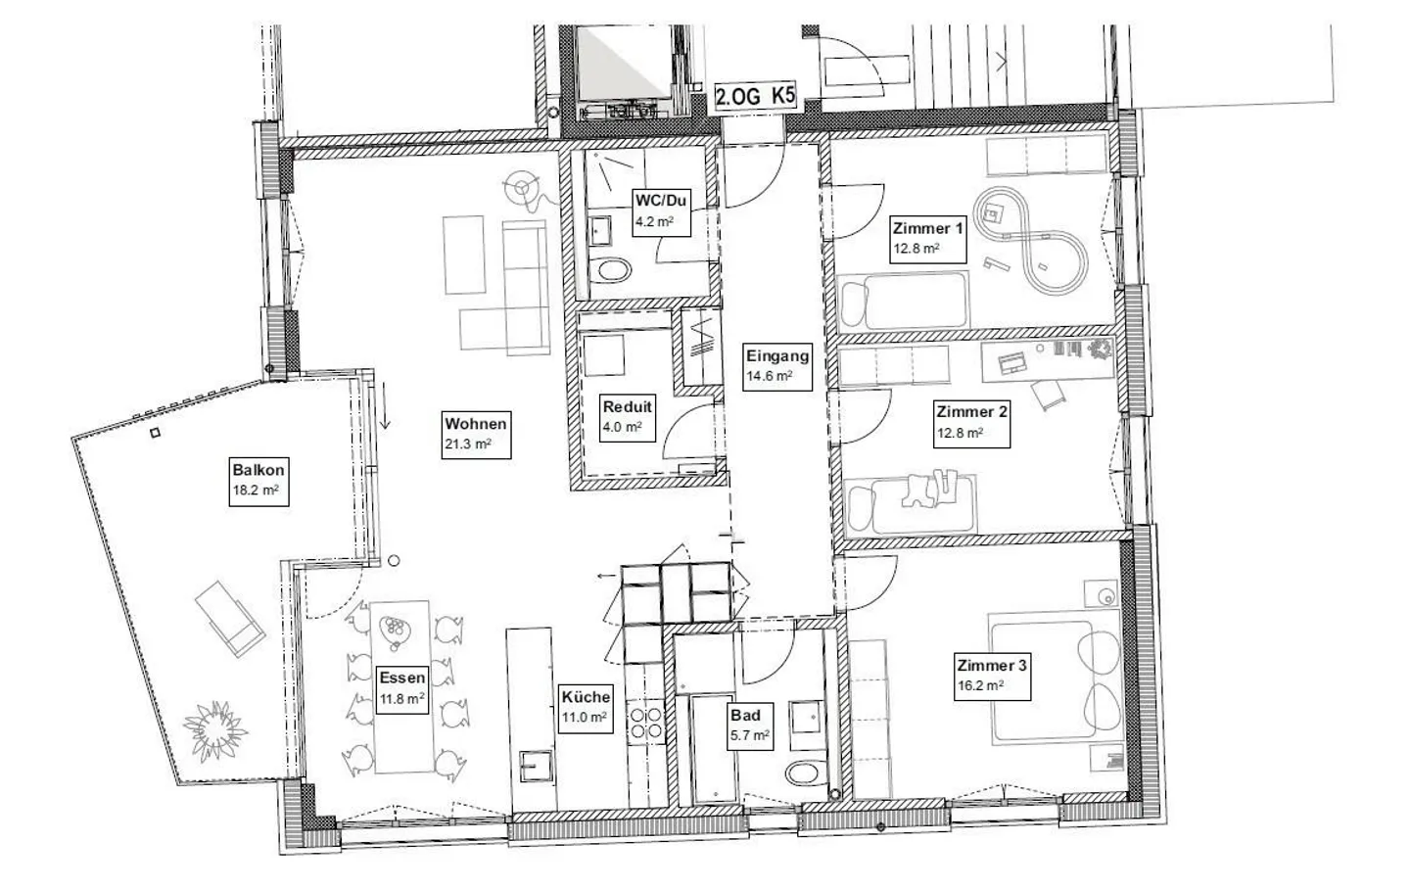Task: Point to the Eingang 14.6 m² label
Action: (777, 365)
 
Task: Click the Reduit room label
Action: (627, 416)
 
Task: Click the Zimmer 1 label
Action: (927, 238)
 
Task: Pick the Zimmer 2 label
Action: (971, 421)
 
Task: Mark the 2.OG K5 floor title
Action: (755, 97)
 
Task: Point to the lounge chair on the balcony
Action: (229, 618)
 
